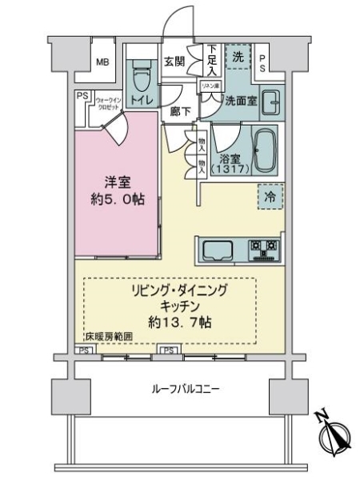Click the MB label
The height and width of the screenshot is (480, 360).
(103, 62)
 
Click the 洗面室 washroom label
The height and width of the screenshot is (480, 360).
(238, 102)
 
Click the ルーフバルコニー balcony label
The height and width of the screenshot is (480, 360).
(186, 390)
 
